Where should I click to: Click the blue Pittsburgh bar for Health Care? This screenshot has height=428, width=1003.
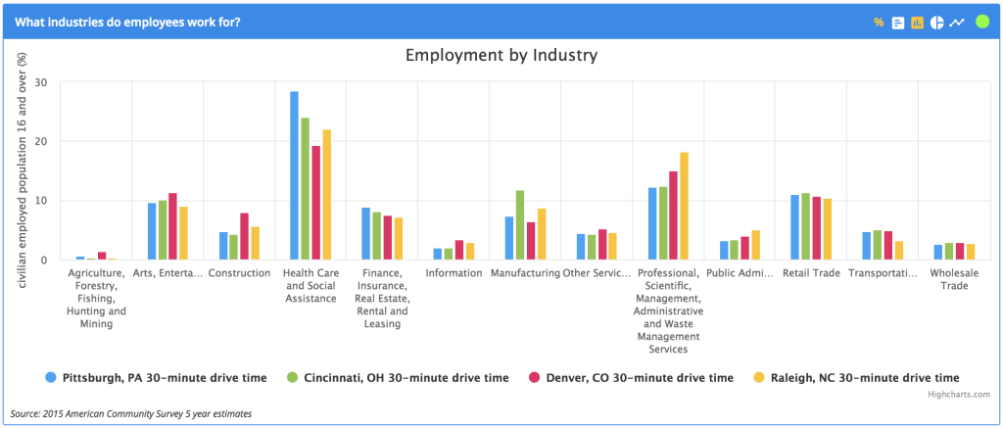coord(294,176)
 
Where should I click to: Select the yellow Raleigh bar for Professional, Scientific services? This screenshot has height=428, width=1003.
coord(685,207)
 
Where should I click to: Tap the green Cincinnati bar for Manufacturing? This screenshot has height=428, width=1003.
coord(520,225)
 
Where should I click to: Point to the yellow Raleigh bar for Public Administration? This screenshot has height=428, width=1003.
coord(756,246)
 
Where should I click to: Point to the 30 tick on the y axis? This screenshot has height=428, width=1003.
coord(40,82)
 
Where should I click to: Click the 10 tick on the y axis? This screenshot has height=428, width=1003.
coord(40,201)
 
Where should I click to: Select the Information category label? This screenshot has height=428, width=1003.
coord(453,273)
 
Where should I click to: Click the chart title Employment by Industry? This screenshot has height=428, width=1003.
coord(501,55)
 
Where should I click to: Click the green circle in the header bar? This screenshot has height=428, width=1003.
coord(982,22)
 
